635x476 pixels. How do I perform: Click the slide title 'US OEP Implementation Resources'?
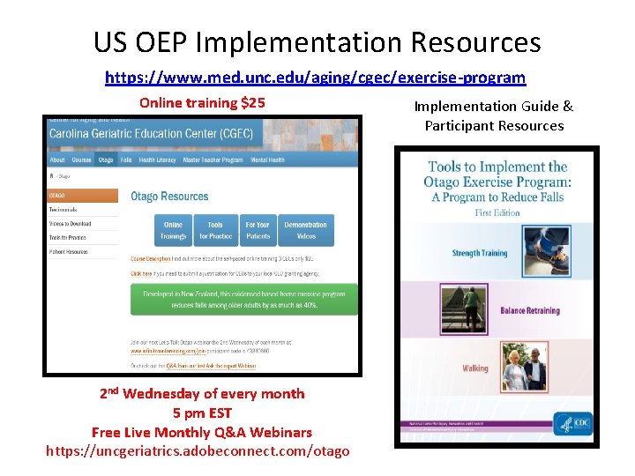317,41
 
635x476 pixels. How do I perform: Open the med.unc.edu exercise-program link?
315,78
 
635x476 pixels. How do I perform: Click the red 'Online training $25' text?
202,102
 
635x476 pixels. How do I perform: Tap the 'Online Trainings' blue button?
173,230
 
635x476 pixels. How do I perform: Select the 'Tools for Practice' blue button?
215,230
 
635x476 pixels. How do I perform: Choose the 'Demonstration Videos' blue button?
305,230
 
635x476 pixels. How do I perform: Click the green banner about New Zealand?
244,300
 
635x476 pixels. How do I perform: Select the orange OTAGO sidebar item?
83,196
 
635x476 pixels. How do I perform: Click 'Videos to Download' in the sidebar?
71,224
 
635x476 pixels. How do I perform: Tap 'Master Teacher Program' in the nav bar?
215,160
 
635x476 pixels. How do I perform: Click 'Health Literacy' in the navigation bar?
158,160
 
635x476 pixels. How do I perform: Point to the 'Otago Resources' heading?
169,197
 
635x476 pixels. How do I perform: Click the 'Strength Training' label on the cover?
479,253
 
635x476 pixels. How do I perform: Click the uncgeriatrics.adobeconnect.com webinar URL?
198,451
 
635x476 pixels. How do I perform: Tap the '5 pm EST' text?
202,413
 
